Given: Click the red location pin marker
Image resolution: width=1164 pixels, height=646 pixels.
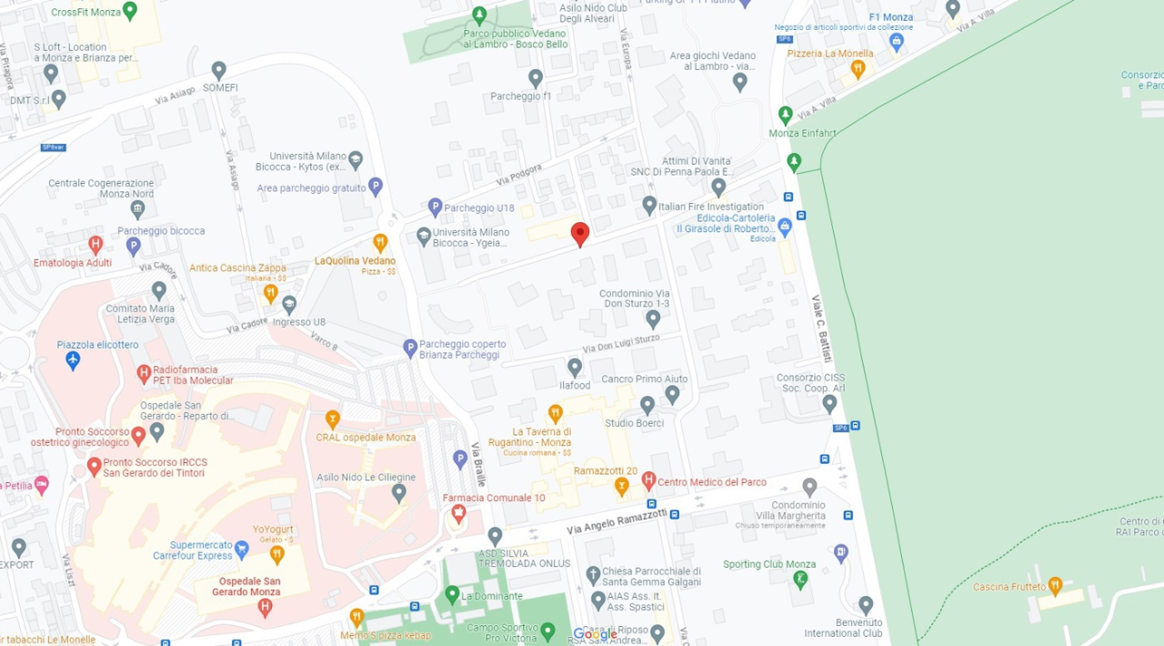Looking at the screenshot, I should tap(580, 233).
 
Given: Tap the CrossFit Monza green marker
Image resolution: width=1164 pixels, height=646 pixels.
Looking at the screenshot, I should tap(129, 10).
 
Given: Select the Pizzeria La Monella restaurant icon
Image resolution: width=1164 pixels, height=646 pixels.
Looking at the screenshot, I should tap(857, 68).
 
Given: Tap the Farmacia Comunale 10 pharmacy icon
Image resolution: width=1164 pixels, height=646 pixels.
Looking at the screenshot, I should tap(458, 513).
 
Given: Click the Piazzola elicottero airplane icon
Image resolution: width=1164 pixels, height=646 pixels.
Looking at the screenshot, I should tap(74, 359).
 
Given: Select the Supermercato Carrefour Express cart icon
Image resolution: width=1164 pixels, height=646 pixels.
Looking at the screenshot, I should tap(241, 549).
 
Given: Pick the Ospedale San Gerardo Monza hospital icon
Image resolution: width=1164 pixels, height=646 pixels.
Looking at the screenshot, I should tap(265, 607).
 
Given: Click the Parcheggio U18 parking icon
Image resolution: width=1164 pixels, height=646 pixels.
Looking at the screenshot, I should tap(435, 207).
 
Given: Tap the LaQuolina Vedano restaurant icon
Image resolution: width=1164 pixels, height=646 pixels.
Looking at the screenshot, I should tap(380, 242).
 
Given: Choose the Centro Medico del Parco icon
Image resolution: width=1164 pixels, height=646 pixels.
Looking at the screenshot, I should tap(648, 479).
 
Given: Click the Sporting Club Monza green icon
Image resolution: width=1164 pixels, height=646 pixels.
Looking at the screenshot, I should tap(800, 579).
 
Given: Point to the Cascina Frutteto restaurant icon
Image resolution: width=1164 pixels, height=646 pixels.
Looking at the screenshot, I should tap(1055, 585).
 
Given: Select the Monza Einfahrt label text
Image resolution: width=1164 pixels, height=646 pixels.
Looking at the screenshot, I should tap(802, 133).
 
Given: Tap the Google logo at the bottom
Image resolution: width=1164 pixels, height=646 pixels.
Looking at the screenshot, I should tap(596, 634).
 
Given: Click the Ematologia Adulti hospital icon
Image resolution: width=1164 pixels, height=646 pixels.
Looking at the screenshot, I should tap(95, 245).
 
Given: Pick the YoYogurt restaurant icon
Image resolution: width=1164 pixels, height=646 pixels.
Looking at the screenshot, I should tap(277, 553).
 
